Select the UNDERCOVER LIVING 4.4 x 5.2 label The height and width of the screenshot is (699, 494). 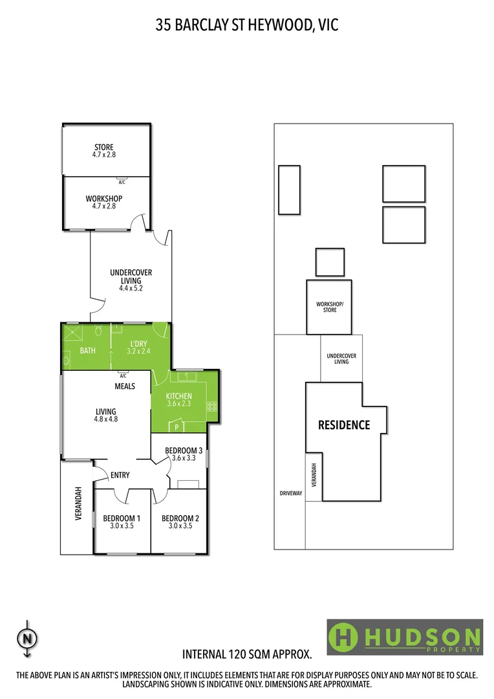[131, 280]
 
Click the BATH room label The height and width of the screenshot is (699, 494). [87, 351]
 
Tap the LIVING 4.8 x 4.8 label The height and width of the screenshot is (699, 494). [106, 415]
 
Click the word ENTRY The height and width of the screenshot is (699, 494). [120, 475]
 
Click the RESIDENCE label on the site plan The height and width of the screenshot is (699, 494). [344, 425]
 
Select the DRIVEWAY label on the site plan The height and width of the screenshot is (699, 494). [291, 493]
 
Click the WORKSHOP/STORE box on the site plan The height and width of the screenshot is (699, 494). [329, 307]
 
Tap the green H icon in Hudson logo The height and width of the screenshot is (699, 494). [344, 638]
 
